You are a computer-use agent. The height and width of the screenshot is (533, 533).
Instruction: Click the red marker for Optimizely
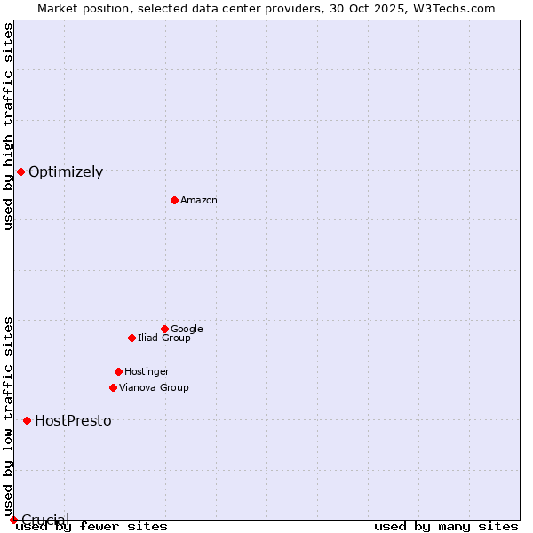pos(20,171)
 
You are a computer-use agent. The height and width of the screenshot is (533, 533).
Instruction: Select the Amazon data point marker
pos(174,200)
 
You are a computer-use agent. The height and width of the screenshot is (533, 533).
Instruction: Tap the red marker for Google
pos(164,329)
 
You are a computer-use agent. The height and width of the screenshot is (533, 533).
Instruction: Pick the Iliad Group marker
pos(131,338)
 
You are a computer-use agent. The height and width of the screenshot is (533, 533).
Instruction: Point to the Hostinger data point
pos(118,371)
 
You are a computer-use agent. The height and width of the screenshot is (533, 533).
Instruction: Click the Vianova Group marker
pos(113,387)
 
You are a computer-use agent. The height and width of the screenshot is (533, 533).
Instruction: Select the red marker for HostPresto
pos(27,420)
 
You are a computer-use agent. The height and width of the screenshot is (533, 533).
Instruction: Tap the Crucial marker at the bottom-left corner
pos(13,520)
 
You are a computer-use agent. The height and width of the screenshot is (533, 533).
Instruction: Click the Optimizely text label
pos(66,172)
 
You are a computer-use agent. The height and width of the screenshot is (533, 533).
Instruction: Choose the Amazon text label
pos(199,200)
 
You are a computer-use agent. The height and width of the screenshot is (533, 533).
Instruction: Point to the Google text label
pos(187,329)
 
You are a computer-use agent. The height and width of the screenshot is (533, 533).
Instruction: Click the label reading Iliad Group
pos(164,338)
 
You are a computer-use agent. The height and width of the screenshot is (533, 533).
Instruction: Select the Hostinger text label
pos(147,371)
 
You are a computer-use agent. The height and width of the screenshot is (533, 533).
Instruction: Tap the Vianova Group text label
pos(154,387)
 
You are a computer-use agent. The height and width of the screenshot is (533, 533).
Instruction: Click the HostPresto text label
pos(73,421)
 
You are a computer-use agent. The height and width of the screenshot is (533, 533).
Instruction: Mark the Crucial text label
pos(45,520)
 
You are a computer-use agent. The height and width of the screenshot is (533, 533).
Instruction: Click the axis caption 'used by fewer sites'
pos(91,526)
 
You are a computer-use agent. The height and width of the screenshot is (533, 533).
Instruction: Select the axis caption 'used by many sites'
pos(446,526)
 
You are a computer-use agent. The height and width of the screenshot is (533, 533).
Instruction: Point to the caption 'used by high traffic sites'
pos(8,126)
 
